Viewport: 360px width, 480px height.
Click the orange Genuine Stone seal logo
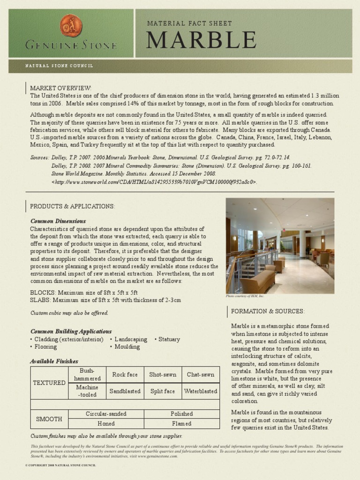[71, 25]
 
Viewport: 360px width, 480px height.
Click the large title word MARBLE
[201, 40]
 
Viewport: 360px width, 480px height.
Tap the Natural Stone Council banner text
[59, 66]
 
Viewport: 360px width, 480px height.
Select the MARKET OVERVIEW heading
[61, 88]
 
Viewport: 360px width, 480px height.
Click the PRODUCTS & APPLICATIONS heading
[72, 206]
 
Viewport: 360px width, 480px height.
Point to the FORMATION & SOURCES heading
[268, 311]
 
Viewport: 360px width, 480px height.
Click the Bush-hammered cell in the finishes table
[87, 375]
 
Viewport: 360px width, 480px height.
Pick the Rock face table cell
[125, 375]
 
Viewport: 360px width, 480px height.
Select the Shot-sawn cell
[163, 375]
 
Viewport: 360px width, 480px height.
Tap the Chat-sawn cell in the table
[201, 375]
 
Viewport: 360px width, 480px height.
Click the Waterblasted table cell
[201, 391]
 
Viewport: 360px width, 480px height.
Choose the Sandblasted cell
[125, 391]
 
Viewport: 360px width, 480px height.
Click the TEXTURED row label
[49, 382]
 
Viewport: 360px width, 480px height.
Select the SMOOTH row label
[49, 419]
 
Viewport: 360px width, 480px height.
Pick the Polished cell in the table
[181, 414]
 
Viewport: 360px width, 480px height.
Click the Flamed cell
[181, 424]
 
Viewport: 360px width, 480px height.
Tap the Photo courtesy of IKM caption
[245, 296]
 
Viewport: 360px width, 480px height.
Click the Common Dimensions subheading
[58, 221]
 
